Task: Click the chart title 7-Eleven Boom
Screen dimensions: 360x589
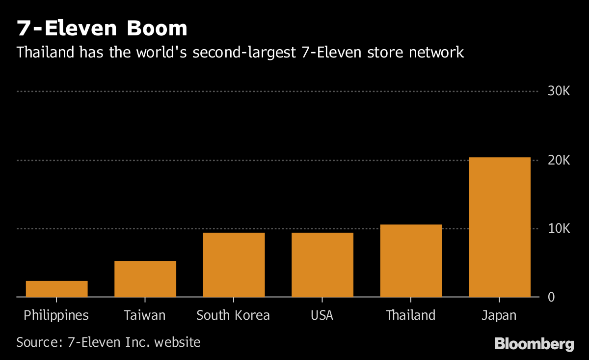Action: click(x=102, y=28)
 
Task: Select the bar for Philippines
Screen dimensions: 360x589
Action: click(x=56, y=289)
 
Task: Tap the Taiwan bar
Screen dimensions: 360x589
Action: click(x=145, y=279)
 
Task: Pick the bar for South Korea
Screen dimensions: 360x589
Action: click(x=234, y=265)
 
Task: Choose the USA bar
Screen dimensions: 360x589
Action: click(x=322, y=265)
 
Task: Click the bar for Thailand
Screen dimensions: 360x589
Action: click(x=411, y=261)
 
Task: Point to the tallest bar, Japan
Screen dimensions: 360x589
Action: click(x=499, y=227)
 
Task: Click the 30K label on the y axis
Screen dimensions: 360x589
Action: click(x=558, y=91)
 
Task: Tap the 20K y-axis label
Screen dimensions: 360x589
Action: click(x=558, y=160)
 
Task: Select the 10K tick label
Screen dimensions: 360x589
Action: click(x=558, y=229)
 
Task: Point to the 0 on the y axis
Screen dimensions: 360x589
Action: click(x=551, y=297)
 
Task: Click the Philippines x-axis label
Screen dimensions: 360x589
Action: click(x=56, y=315)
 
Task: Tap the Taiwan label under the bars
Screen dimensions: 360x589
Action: click(x=145, y=315)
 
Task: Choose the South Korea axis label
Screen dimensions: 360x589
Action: click(x=233, y=315)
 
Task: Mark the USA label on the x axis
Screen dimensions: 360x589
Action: click(x=322, y=315)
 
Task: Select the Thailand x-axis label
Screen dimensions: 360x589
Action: click(x=411, y=315)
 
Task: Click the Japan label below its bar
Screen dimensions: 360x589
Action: click(x=499, y=315)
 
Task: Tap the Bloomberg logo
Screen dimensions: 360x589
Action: click(x=534, y=344)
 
